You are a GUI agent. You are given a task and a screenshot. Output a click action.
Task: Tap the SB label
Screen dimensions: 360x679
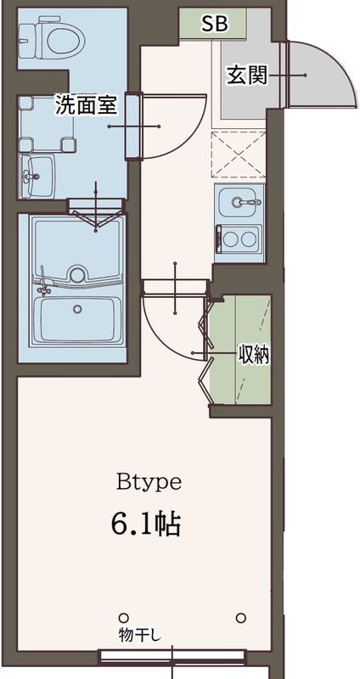214,25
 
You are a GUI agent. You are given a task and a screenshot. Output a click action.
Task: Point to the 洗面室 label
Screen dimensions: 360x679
86,104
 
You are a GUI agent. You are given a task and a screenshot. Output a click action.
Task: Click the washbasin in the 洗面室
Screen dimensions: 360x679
37,176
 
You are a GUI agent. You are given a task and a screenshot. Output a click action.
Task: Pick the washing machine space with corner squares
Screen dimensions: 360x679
47,124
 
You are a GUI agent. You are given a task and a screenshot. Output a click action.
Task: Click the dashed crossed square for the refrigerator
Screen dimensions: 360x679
238,154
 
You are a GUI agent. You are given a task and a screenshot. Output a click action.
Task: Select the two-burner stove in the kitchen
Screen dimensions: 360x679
239,238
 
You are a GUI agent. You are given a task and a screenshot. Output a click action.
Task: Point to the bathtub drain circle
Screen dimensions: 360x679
77,309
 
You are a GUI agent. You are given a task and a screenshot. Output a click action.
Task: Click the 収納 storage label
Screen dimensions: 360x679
253,356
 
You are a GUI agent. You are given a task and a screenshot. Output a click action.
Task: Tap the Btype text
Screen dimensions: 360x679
149,482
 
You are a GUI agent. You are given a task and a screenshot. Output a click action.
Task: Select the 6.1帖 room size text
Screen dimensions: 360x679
145,525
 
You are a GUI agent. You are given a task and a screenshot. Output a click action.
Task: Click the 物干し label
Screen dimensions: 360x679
139,635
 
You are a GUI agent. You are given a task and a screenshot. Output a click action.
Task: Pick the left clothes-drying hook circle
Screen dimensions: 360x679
123,617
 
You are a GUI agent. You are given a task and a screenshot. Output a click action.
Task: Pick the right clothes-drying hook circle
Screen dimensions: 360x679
242,617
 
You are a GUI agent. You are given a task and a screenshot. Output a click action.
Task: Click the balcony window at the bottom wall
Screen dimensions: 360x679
172,656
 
